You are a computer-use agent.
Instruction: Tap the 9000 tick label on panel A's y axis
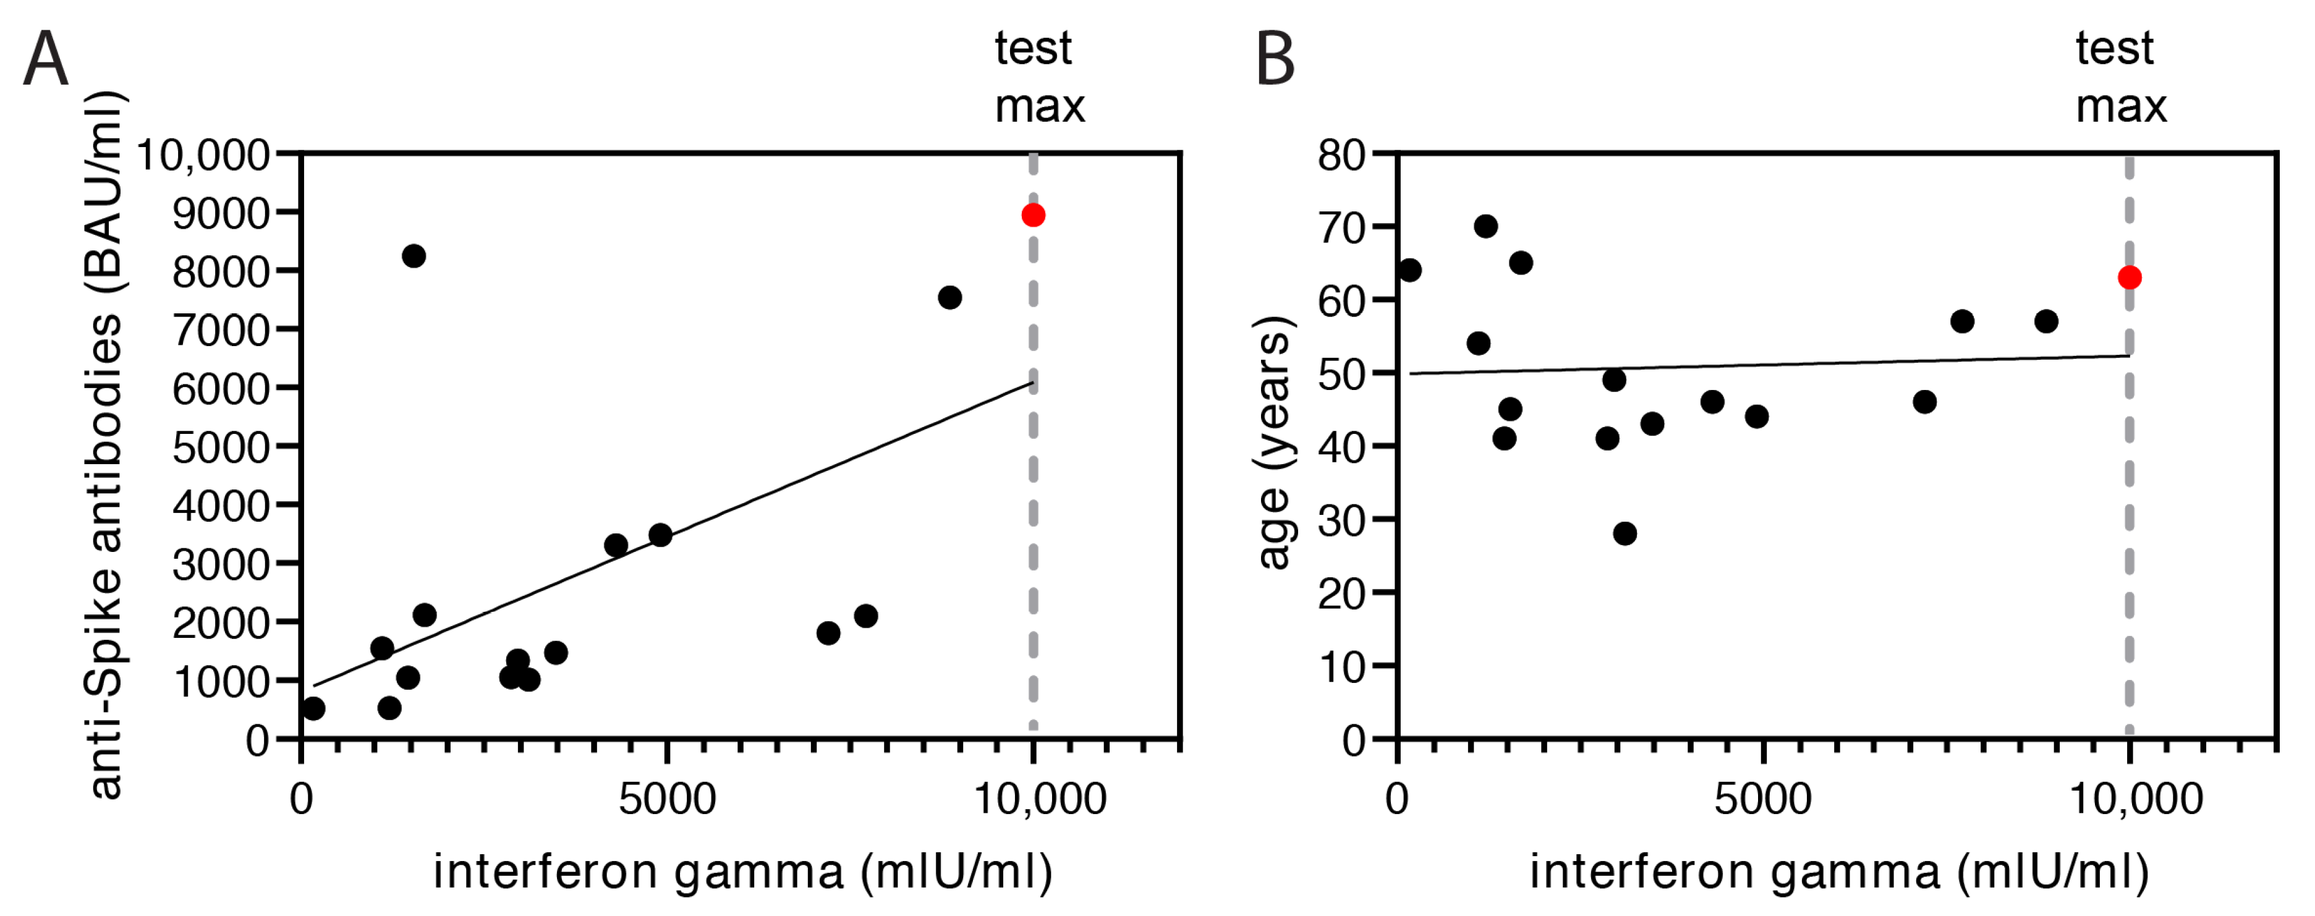tap(220, 214)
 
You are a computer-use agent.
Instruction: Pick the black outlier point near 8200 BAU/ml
tap(414, 255)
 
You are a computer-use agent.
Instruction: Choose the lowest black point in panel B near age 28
tap(1625, 533)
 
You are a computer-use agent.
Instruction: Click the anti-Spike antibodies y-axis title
tap(106, 445)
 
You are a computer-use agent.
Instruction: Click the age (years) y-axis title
tap(1273, 443)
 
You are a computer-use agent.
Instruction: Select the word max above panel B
tap(2121, 107)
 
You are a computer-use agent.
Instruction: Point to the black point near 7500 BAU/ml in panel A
tap(950, 297)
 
